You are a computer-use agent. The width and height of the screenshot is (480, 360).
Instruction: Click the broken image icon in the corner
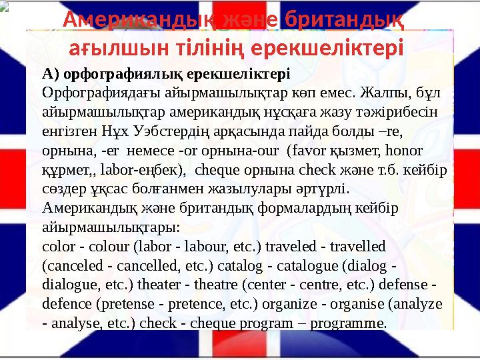coord(4,6)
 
